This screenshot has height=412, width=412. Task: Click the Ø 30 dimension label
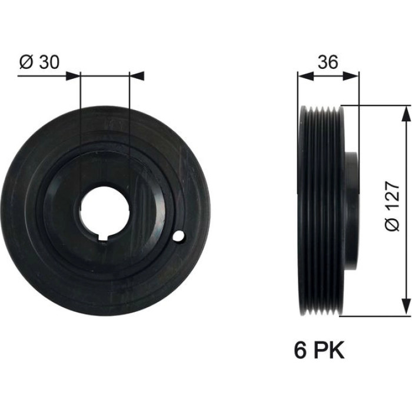coord(39,62)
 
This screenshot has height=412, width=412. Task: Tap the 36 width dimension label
coord(328,62)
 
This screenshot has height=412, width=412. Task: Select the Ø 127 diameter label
coord(393,206)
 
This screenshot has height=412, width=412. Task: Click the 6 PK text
coord(319,350)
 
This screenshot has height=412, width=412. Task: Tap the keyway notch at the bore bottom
coord(104,238)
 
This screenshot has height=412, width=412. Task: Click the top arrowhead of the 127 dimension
coord(406,114)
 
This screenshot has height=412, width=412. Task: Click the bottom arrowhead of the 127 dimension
coord(406,307)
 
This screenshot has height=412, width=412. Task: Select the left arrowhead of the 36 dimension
coord(307,76)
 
